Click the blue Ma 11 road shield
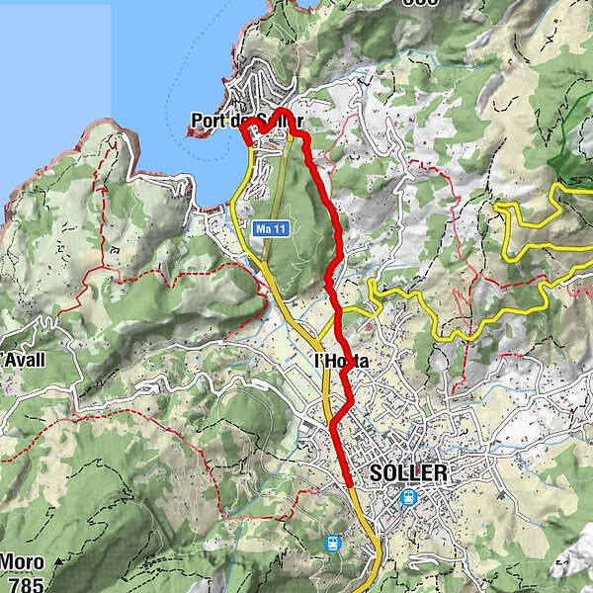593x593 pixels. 270,229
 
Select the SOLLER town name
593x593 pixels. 408,472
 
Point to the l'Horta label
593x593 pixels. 341,362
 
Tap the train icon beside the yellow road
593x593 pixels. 334,543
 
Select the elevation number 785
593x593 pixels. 25,585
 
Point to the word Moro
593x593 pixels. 22,562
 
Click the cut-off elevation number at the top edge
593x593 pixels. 419,3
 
